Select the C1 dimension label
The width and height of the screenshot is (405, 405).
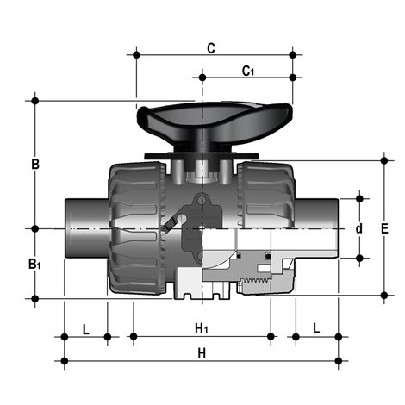coord(247,71)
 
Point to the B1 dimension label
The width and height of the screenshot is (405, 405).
coord(34,264)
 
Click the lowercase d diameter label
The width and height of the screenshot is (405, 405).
coord(359,229)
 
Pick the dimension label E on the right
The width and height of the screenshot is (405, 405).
coord(384,228)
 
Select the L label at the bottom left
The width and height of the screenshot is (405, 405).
coord(85,328)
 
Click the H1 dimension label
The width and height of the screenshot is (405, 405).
coord(201,328)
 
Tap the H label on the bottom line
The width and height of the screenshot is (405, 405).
coord(202,353)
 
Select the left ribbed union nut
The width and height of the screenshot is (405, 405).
coord(134,228)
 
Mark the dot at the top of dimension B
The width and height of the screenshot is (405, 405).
coord(35,101)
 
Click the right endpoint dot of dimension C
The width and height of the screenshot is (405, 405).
coord(293,54)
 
